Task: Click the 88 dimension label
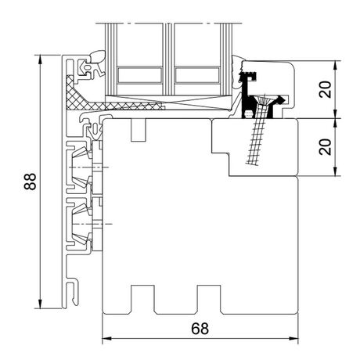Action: click(30, 182)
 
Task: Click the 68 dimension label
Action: click(200, 329)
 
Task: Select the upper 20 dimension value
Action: click(326, 89)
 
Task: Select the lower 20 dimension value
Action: click(326, 147)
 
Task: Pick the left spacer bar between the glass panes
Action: click(139, 75)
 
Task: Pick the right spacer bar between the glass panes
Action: click(197, 75)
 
